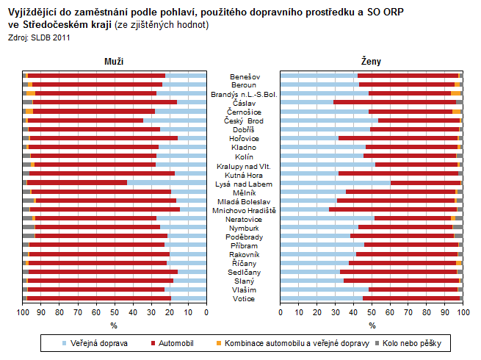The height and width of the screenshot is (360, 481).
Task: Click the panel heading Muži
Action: pos(114,62)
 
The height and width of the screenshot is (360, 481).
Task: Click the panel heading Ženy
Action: pos(372,62)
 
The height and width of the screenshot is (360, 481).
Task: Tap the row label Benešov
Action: pos(244,76)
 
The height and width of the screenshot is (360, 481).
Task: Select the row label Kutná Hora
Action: pos(244,173)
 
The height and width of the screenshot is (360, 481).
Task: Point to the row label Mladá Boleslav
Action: pos(244,201)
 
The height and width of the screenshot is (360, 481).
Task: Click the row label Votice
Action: pos(244,298)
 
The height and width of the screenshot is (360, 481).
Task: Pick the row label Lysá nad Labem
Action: pos(244,183)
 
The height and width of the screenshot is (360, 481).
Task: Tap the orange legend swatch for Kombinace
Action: pos(218,343)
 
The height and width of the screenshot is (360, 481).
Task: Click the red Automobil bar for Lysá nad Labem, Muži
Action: pos(77,182)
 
